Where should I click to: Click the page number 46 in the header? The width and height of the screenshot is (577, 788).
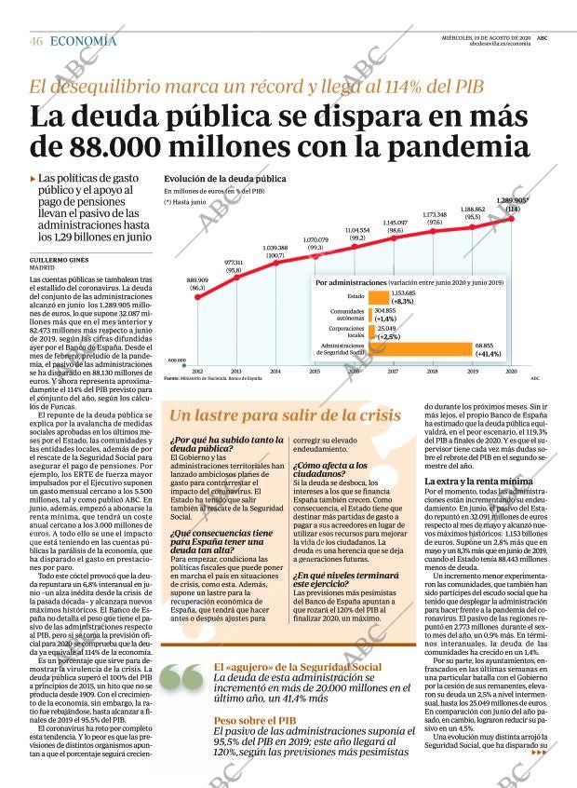pyautogui.click(x=36, y=41)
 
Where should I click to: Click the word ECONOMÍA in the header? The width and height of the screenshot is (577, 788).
pyautogui.click(x=84, y=41)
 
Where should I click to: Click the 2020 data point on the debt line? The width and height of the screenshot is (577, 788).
pyautogui.click(x=511, y=219)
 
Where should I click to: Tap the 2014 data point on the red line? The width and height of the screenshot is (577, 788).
pyautogui.click(x=275, y=265)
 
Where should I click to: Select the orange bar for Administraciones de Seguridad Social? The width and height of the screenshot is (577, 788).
pyautogui.click(x=421, y=350)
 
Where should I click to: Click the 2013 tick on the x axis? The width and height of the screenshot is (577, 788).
pyautogui.click(x=236, y=372)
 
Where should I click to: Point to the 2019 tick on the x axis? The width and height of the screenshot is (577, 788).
pyautogui.click(x=472, y=372)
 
